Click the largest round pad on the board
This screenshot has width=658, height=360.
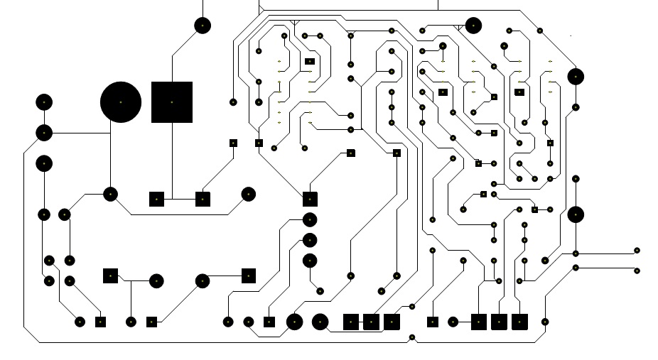[121, 102]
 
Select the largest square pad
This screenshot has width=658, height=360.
[172, 102]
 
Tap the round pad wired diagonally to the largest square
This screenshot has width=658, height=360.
[203, 26]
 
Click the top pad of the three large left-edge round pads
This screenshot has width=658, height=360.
[44, 102]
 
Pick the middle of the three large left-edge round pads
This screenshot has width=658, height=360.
[44, 133]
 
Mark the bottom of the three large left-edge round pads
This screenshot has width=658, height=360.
[44, 163]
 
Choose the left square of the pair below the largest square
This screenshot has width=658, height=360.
[157, 199]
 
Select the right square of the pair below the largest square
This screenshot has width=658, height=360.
[203, 199]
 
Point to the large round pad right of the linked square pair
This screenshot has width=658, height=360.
[248, 194]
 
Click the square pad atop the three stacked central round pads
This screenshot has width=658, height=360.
[310, 199]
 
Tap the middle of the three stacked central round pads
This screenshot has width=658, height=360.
[310, 240]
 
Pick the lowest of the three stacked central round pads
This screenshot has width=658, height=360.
[310, 261]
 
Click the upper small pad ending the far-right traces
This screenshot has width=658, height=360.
[637, 251]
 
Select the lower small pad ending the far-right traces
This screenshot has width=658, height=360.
[637, 271]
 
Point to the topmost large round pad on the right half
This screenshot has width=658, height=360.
[473, 26]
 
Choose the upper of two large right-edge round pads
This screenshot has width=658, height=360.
[576, 76]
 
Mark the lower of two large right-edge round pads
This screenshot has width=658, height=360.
[576, 214]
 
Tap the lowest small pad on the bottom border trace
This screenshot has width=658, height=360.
[412, 337]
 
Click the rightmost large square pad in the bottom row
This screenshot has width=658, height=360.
[519, 322]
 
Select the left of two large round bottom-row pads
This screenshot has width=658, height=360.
[294, 322]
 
